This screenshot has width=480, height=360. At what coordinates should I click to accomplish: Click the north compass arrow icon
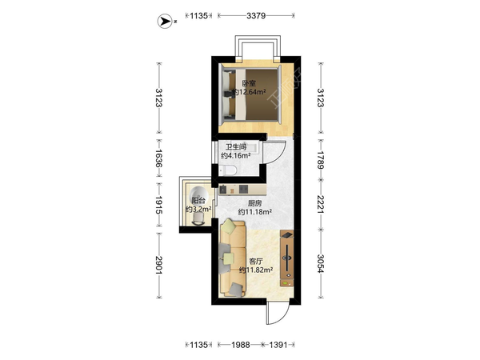coord(166,22)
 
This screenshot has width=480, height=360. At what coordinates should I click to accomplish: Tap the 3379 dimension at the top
coord(256,16)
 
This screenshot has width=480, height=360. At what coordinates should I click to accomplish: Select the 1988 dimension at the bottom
coord(241,345)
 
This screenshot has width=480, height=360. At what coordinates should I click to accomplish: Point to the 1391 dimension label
coord(278,345)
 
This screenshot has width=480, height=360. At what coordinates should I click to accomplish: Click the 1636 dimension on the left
coord(158,158)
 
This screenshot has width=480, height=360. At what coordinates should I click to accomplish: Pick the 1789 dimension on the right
coord(321,159)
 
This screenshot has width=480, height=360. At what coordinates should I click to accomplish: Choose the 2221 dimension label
coord(321,204)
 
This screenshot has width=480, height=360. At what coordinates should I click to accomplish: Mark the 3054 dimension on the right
coord(321,263)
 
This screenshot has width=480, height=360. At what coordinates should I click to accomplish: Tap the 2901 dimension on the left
coord(158,265)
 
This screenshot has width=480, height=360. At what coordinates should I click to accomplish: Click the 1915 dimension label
coord(158,205)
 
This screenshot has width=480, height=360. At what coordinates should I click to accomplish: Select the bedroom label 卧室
coord(249,83)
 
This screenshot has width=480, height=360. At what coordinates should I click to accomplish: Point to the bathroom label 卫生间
coord(236,147)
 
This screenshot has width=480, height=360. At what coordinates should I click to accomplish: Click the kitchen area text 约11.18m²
coord(255,211)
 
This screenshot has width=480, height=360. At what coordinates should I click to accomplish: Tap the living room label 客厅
coord(256,262)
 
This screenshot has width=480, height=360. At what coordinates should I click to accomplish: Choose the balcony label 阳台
coord(198,201)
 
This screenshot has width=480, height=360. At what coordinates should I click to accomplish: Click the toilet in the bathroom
coord(227,170)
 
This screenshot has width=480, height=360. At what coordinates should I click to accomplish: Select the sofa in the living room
coord(233,259)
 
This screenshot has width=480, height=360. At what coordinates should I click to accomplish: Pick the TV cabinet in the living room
coord(287,258)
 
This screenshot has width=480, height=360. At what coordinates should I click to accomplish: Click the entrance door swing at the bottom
coord(278,312)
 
